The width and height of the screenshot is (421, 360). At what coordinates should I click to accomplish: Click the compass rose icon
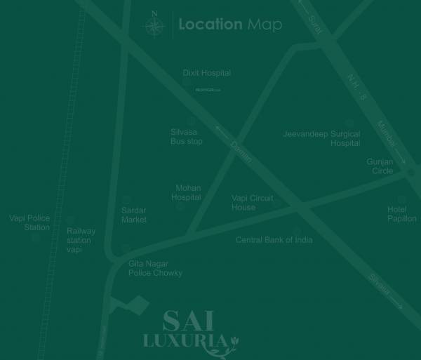155,26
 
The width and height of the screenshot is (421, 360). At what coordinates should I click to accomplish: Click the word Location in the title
210,25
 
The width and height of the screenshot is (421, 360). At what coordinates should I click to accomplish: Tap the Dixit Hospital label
206,73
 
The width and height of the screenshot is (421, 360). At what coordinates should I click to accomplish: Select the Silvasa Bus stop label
186,136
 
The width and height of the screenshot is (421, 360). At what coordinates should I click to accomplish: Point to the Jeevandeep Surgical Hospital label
321,138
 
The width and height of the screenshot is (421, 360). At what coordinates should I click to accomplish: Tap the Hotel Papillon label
402,214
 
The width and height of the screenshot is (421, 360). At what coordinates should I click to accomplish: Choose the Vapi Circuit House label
253,203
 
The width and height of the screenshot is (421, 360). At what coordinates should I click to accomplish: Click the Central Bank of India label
274,240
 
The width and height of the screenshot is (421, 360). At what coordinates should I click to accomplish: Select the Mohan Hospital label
187,193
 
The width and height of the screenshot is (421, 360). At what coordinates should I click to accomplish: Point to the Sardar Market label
133,215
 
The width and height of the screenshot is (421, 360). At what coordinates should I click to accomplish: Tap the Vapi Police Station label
29,222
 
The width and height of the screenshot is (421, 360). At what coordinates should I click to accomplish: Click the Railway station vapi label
81,240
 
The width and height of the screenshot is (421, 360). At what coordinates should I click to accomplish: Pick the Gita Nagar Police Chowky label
155,268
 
